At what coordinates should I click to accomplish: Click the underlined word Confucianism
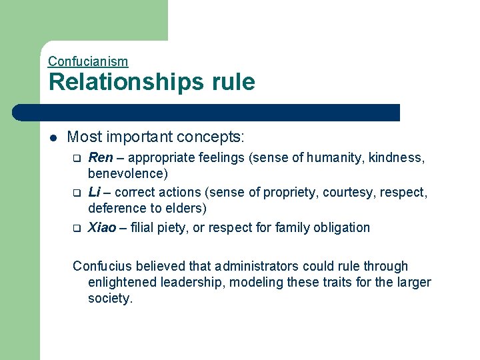click(x=88, y=61)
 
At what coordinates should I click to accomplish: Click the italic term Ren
click(x=100, y=158)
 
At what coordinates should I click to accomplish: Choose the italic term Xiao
click(x=102, y=227)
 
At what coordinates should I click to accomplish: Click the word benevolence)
click(x=127, y=174)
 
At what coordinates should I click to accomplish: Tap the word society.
click(x=111, y=299)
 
